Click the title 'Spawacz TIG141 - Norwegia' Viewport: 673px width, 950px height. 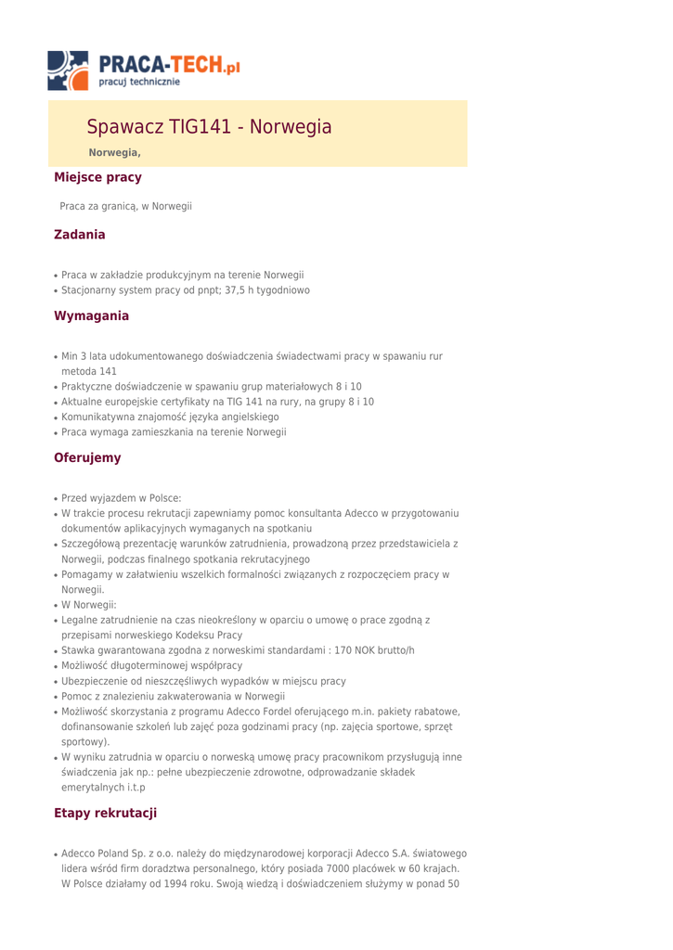[209, 127]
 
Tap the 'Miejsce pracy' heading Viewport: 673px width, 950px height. [97, 176]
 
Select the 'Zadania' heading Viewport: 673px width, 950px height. [80, 235]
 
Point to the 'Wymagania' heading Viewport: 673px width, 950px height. [91, 316]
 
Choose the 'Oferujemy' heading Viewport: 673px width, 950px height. [87, 457]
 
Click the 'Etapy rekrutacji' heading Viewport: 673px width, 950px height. [106, 814]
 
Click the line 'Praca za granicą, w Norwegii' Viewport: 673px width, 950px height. [125, 206]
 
